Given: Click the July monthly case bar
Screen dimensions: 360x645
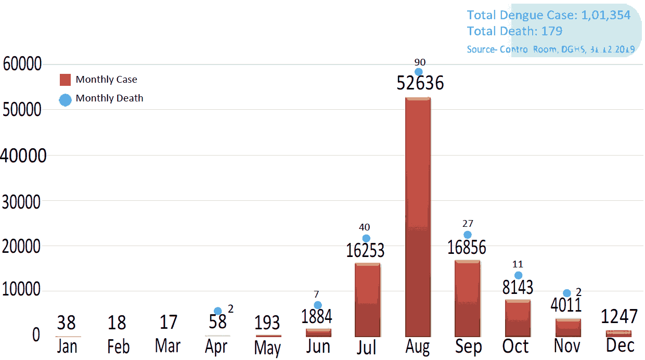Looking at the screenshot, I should click(367, 300).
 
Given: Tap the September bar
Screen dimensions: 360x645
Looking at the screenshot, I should click(467, 299).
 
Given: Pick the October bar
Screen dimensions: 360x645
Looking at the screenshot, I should click(518, 318).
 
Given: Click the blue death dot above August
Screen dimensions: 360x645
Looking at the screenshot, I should click(418, 72).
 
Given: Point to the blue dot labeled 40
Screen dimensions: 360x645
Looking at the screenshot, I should click(366, 238).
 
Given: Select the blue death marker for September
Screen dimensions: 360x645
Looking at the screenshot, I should click(468, 235).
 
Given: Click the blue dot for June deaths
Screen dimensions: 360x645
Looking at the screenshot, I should click(318, 305).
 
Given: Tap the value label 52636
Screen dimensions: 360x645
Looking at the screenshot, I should click(420, 83).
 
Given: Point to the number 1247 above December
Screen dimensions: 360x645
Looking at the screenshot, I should click(619, 316).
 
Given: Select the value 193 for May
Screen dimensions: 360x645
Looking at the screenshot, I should click(267, 323).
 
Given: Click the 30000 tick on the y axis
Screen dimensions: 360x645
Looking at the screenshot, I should click(21, 201).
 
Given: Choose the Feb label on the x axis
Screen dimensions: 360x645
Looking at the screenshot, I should click(119, 347).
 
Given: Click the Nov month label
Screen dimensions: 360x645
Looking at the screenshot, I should click(567, 346).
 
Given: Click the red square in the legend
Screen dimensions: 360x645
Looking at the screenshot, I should click(65, 80).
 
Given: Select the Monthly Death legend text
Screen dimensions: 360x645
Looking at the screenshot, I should click(109, 98).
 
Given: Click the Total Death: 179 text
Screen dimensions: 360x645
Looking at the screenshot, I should click(514, 31).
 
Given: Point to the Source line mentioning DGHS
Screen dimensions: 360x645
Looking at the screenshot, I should click(550, 49).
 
